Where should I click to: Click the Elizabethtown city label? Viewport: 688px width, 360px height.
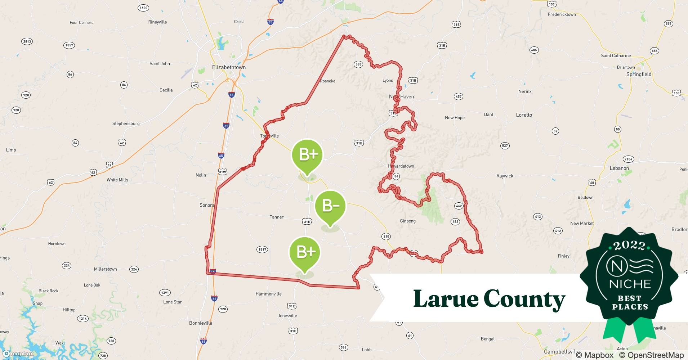(x=229, y=67)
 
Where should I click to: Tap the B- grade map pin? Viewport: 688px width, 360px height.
(x=330, y=207)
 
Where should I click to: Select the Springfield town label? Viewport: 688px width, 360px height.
(x=639, y=75)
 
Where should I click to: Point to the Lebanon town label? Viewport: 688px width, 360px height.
(x=619, y=168)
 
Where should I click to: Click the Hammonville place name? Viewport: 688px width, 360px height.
(x=268, y=294)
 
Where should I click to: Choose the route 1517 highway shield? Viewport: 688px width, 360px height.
(x=262, y=249)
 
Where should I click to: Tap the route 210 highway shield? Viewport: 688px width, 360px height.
(x=386, y=237)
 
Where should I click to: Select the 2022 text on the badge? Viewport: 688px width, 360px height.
(x=629, y=246)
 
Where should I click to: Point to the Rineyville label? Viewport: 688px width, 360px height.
(x=157, y=22)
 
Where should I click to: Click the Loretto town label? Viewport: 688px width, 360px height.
(x=524, y=115)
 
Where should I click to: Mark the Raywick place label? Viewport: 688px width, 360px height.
(x=505, y=176)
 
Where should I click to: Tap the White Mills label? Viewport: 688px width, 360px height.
(x=117, y=180)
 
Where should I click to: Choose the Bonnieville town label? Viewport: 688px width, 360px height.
(x=201, y=323)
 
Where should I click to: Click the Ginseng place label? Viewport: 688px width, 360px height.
(x=408, y=221)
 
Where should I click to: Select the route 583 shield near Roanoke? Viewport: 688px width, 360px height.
(x=358, y=64)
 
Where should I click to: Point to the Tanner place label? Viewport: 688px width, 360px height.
(x=276, y=217)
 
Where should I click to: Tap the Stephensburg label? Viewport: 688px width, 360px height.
(x=126, y=123)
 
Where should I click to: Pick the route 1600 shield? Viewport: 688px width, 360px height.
(x=143, y=8)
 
